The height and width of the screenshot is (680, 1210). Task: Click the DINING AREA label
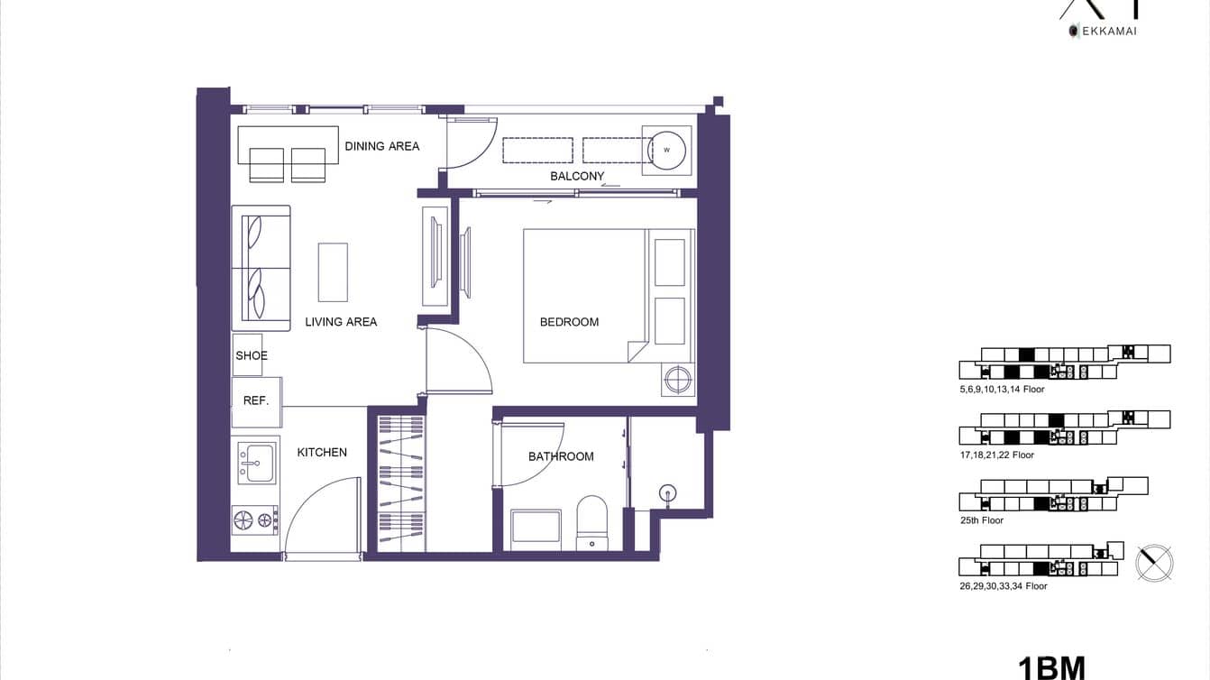click(x=381, y=146)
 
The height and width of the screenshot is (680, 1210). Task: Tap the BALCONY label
click(x=577, y=177)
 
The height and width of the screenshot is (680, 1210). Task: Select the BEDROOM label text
click(x=569, y=322)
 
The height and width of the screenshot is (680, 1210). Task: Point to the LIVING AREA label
click(x=341, y=322)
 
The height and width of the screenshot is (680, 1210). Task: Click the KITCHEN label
click(x=322, y=453)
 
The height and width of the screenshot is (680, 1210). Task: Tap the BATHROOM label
click(x=561, y=456)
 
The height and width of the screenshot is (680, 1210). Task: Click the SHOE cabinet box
click(x=248, y=355)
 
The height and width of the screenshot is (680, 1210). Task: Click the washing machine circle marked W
click(x=666, y=150)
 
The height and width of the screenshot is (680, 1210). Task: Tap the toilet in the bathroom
click(x=591, y=521)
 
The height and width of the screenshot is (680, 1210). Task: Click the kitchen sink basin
click(x=256, y=461)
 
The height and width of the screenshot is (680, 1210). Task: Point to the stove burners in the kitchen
click(x=254, y=519)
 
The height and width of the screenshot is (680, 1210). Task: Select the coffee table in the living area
click(x=333, y=272)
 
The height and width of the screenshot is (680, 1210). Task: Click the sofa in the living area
click(x=261, y=268)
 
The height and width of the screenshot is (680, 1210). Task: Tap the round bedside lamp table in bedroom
click(x=678, y=379)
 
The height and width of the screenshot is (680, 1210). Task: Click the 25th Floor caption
click(x=982, y=520)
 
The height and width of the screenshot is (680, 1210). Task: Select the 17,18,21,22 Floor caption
click(x=997, y=455)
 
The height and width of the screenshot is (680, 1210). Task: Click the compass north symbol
click(x=1154, y=563)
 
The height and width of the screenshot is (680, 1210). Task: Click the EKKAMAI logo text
click(x=1104, y=31)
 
